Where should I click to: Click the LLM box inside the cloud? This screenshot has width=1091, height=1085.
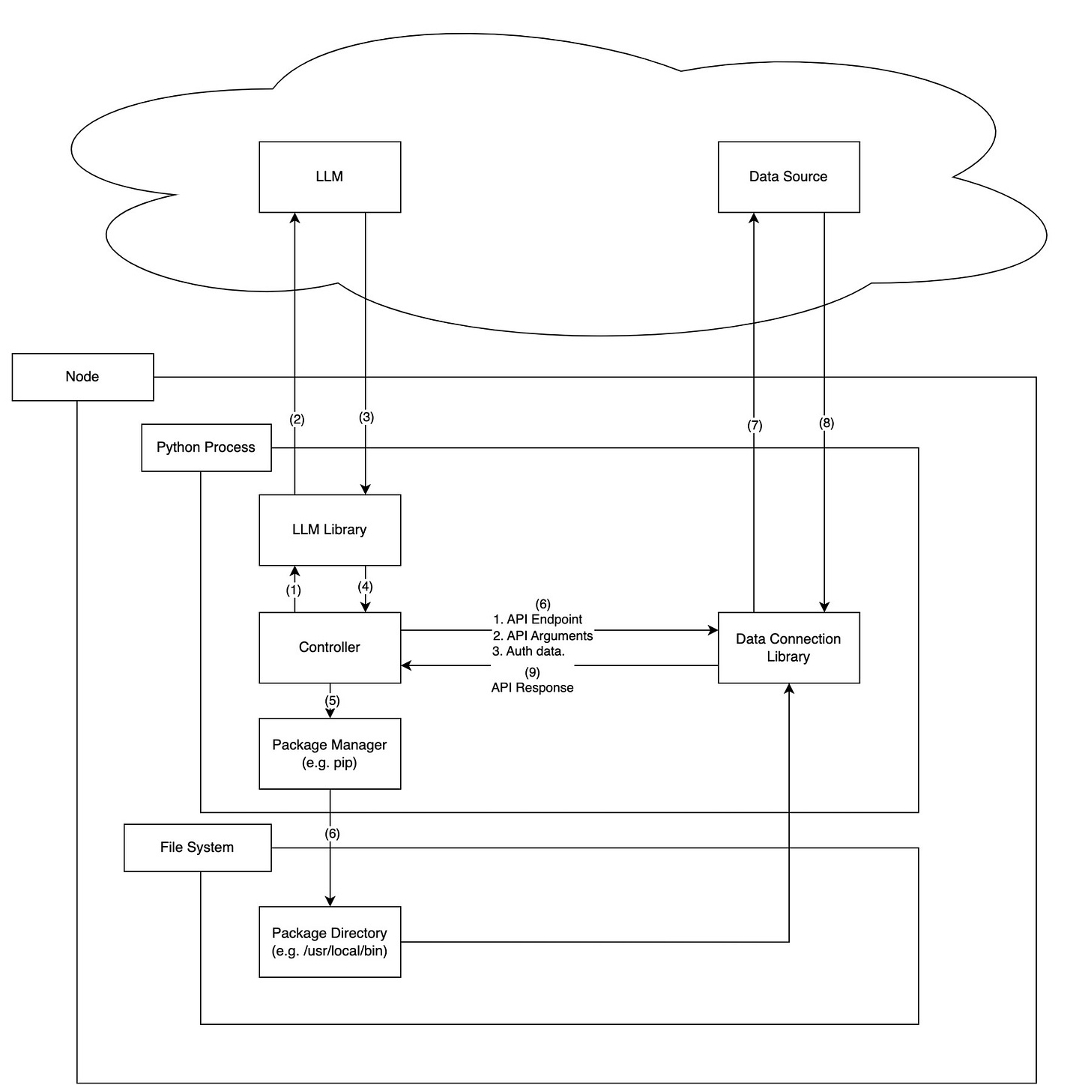click(x=330, y=177)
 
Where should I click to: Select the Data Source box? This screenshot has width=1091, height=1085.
click(x=788, y=177)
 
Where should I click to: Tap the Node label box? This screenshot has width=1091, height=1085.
click(x=82, y=377)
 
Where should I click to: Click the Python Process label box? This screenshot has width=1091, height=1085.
click(x=206, y=447)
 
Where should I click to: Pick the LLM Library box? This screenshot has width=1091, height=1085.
click(x=330, y=530)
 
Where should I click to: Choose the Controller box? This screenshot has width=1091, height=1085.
click(x=330, y=647)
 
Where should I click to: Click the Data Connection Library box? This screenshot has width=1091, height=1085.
click(x=788, y=647)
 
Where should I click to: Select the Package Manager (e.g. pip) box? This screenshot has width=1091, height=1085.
click(x=330, y=753)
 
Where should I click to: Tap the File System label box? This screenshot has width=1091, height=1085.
click(x=198, y=847)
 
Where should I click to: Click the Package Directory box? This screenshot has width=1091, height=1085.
click(x=330, y=942)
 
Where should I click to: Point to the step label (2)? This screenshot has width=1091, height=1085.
click(x=297, y=420)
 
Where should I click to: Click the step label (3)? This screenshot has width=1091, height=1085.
click(x=366, y=417)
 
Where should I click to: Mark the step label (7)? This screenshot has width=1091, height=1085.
click(x=754, y=426)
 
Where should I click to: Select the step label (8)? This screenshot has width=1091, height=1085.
click(x=826, y=423)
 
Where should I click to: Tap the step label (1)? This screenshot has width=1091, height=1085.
click(x=293, y=590)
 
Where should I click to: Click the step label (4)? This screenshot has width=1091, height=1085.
click(x=365, y=586)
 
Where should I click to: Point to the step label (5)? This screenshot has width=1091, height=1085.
click(x=332, y=701)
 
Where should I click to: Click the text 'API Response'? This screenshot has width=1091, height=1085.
click(x=532, y=687)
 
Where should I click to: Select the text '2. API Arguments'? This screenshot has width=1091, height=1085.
click(x=543, y=635)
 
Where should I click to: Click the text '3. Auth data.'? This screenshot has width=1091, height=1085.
click(x=528, y=651)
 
